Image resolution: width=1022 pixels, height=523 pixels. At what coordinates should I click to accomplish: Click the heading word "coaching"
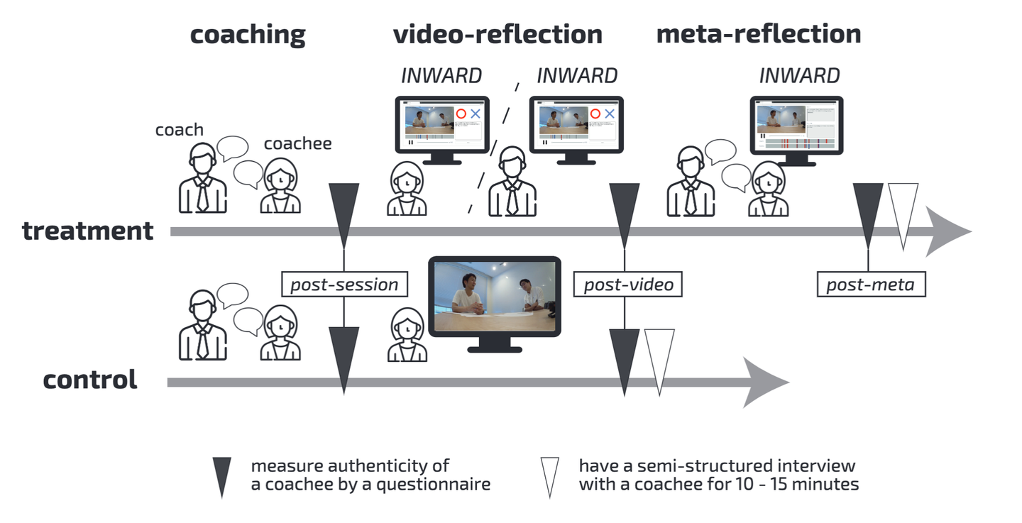tap(248, 35)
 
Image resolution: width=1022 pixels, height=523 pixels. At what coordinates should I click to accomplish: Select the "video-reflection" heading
tap(498, 34)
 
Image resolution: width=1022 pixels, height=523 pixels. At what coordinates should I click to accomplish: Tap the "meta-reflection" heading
tap(758, 34)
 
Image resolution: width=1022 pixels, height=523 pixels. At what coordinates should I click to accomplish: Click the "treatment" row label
tap(88, 231)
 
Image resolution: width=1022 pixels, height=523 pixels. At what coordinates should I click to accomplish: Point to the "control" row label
tap(90, 380)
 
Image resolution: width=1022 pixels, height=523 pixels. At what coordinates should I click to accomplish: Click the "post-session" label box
tap(345, 285)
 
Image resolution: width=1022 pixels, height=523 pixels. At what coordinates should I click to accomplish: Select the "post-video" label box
tap(628, 285)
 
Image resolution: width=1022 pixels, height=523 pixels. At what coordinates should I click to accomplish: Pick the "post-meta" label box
tap(871, 285)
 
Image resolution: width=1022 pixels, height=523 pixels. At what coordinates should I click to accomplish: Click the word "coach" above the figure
tap(180, 130)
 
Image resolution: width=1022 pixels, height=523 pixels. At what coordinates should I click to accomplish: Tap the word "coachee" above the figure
tap(297, 144)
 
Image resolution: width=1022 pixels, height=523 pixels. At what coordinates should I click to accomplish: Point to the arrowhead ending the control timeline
tap(766, 382)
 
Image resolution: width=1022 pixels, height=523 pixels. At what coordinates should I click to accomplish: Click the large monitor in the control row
tap(495, 299)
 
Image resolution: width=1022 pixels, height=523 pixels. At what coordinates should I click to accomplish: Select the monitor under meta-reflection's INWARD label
tap(796, 128)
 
